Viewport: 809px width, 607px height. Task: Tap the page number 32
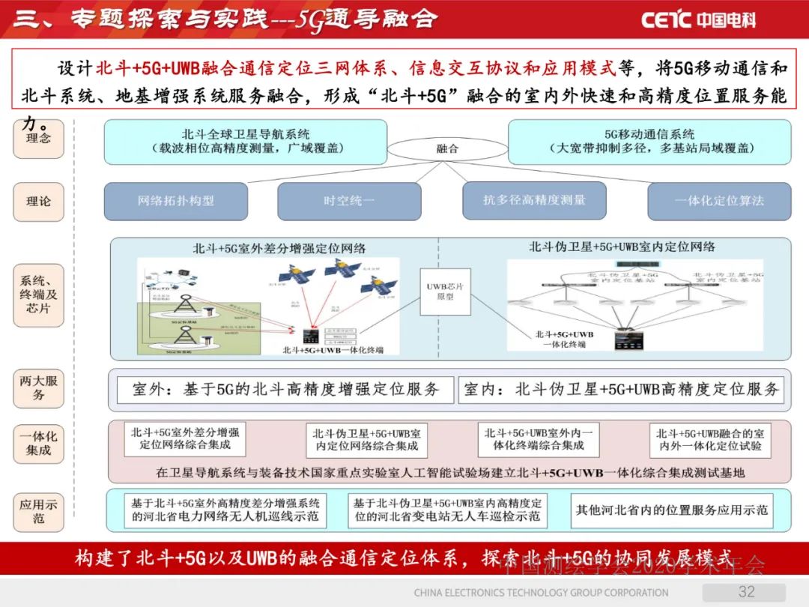pos(746,591)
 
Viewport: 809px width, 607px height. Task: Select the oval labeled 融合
pos(447,148)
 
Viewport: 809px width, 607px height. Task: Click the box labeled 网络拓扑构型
pos(176,201)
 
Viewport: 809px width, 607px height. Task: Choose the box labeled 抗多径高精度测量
pos(534,200)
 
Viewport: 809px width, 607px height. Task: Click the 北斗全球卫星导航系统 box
pos(245,142)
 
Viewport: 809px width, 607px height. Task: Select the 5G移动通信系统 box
pos(649,142)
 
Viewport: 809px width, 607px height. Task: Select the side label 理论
pos(38,201)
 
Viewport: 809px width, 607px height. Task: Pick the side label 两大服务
pos(38,387)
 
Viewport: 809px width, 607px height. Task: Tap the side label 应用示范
pos(38,511)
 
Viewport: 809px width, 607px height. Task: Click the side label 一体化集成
pos(38,442)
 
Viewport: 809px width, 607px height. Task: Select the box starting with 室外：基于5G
pos(285,390)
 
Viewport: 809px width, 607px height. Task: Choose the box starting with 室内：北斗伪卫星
pos(622,390)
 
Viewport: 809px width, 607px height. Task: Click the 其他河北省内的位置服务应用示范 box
pos(671,510)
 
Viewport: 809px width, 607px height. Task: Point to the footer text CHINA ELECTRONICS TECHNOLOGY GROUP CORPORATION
pos(541,593)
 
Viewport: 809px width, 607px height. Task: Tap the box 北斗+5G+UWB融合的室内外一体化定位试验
pos(710,439)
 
